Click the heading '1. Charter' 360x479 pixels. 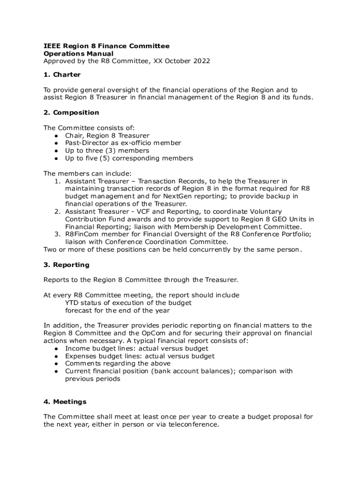click(62, 75)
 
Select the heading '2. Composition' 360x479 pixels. click(71, 113)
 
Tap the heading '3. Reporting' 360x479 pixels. click(66, 265)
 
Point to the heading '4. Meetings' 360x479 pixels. click(65, 402)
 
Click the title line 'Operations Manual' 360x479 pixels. click(78, 54)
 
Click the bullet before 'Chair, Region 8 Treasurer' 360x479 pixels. click(56, 136)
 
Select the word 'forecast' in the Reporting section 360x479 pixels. click(79, 310)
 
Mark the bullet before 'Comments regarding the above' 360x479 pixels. click(56, 363)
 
